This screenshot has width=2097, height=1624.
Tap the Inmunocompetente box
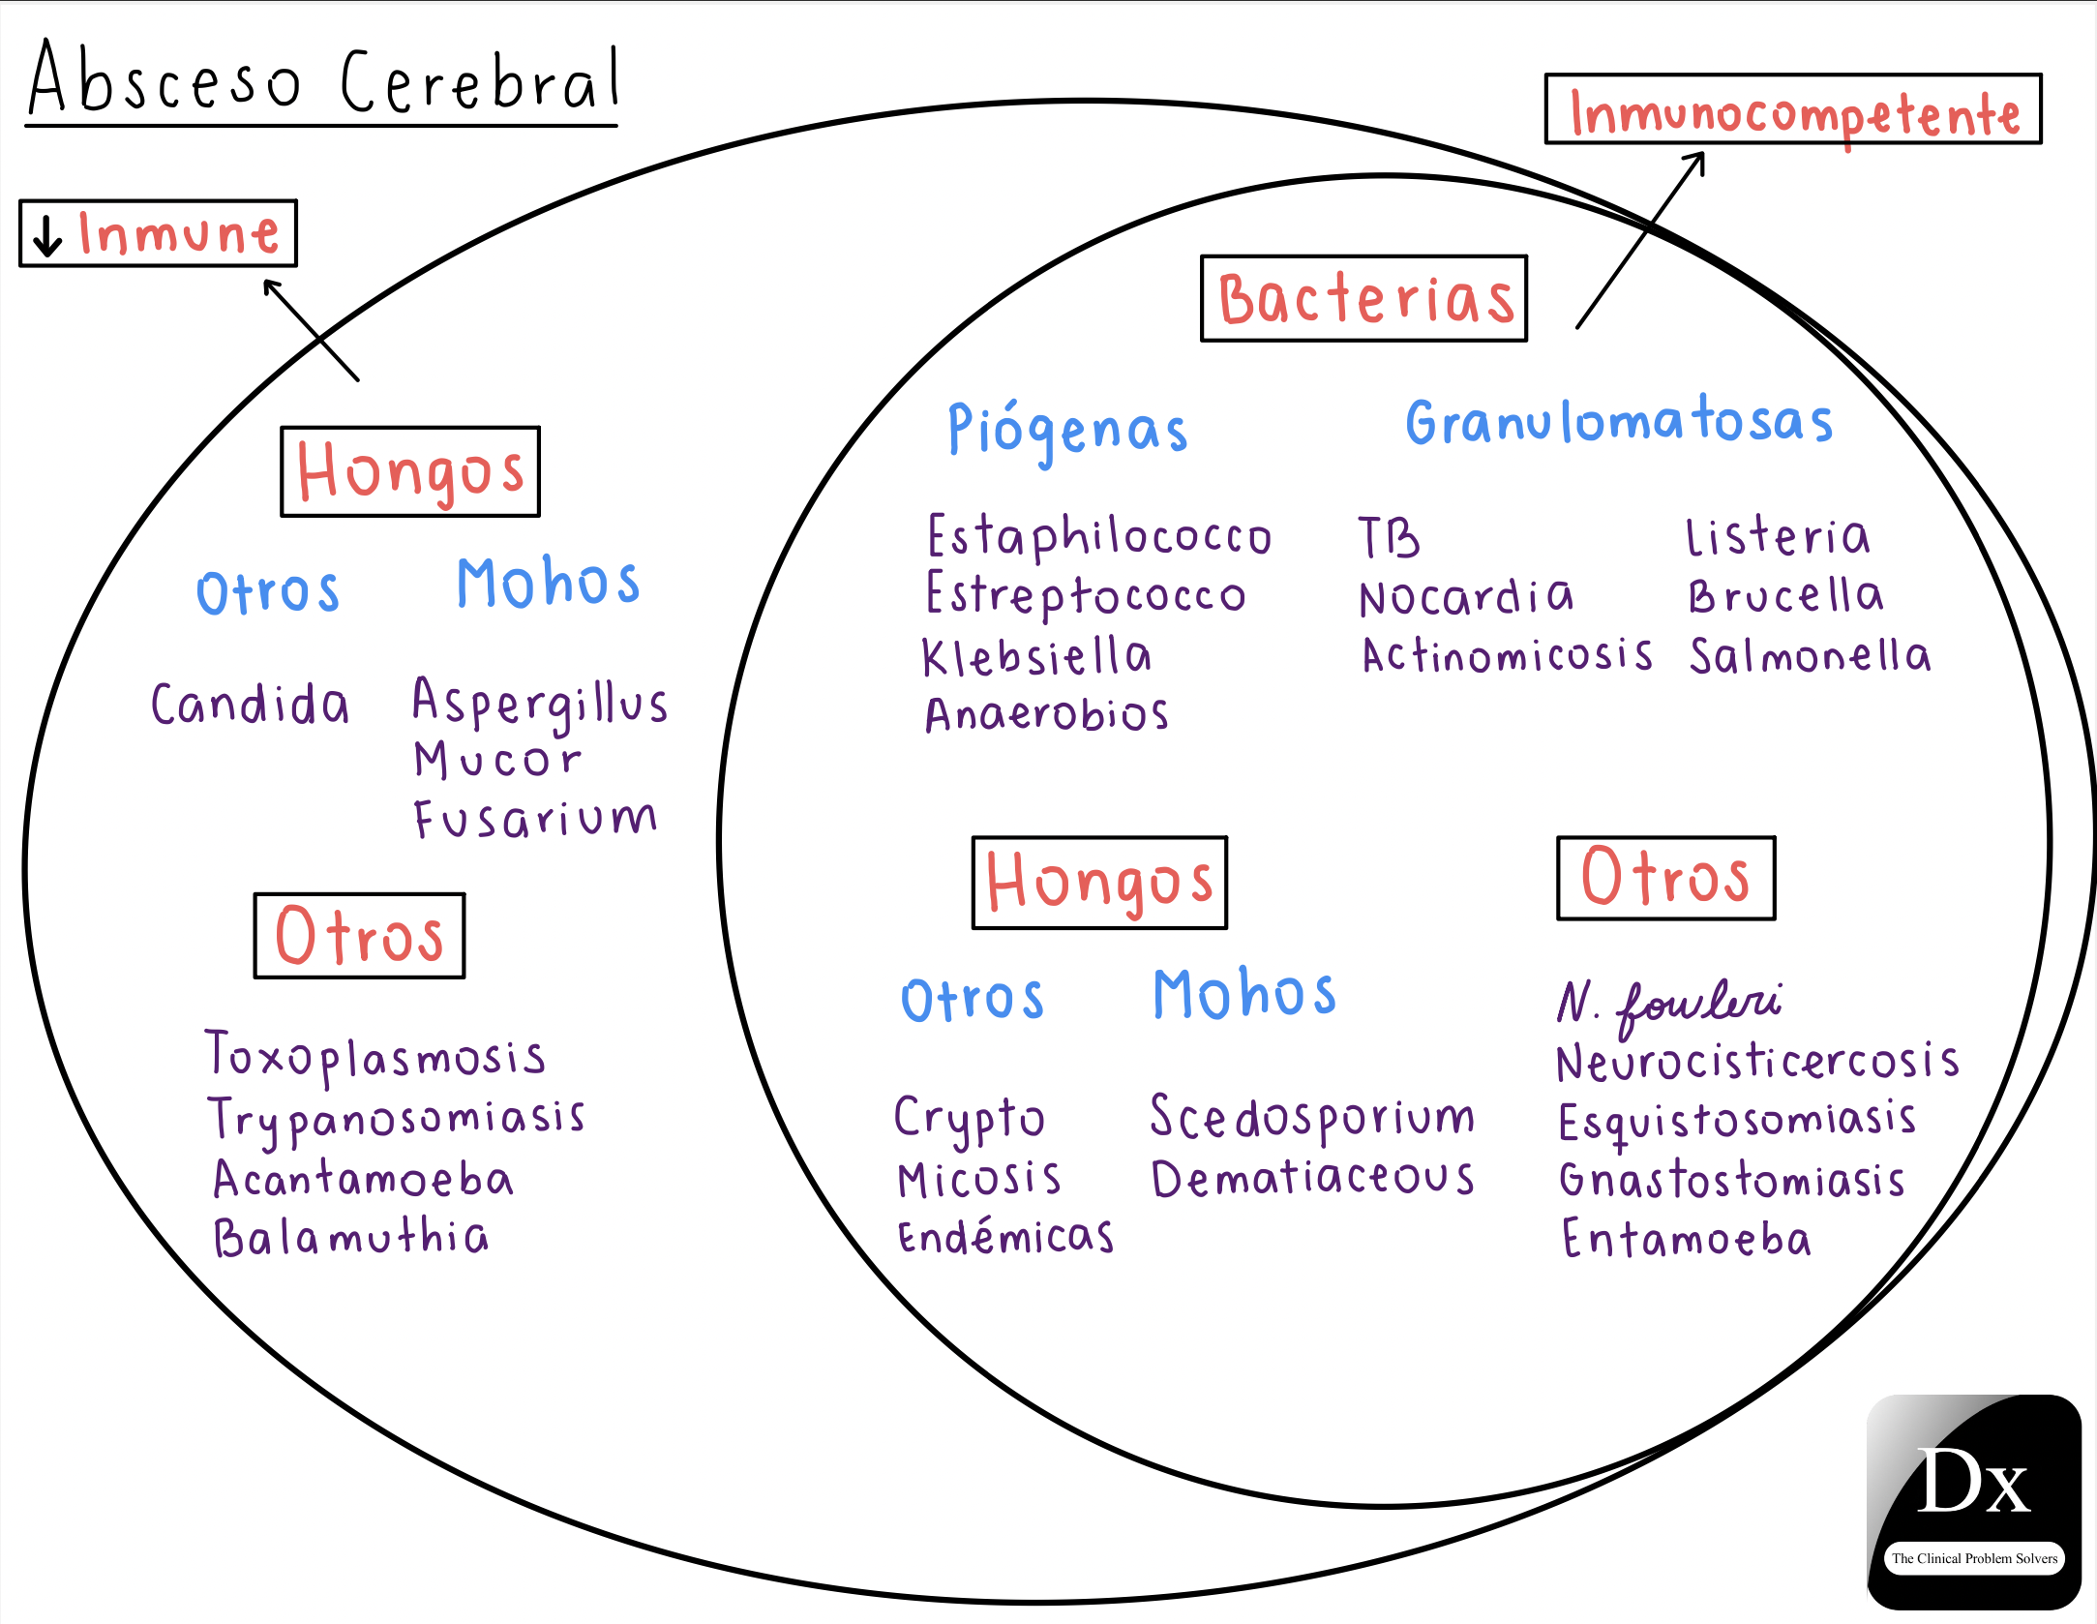tap(1792, 110)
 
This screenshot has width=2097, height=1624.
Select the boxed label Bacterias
tap(1363, 298)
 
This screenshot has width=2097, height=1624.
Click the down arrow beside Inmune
tap(46, 234)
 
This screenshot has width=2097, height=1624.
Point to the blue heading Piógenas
tap(1067, 430)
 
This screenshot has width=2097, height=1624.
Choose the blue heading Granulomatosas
tap(1619, 422)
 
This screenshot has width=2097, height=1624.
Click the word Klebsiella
tap(1036, 657)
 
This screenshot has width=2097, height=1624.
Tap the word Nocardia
tap(1466, 597)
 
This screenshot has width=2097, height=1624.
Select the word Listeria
tap(1778, 537)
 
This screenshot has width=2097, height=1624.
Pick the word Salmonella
tap(1810, 656)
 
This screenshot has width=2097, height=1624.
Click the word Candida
tap(250, 704)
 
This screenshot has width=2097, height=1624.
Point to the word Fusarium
tap(535, 819)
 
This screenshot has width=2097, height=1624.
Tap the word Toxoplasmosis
tap(375, 1056)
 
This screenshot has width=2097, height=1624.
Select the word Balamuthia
tap(351, 1237)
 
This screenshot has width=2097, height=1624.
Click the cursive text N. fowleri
tap(1668, 1003)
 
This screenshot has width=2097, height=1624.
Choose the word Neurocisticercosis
tap(1757, 1061)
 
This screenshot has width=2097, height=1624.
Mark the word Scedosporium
tap(1311, 1118)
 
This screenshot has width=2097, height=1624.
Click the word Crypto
tap(969, 1119)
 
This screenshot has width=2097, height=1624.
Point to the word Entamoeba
tap(1686, 1239)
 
